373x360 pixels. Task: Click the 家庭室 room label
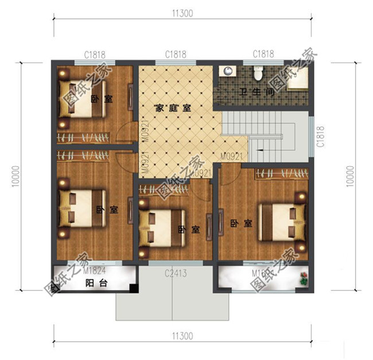(173, 107)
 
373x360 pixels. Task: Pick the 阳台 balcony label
(94, 283)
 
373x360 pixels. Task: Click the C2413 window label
(176, 274)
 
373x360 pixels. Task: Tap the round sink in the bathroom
(228, 71)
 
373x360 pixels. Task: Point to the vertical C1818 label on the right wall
(320, 137)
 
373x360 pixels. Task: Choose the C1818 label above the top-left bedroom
(94, 55)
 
